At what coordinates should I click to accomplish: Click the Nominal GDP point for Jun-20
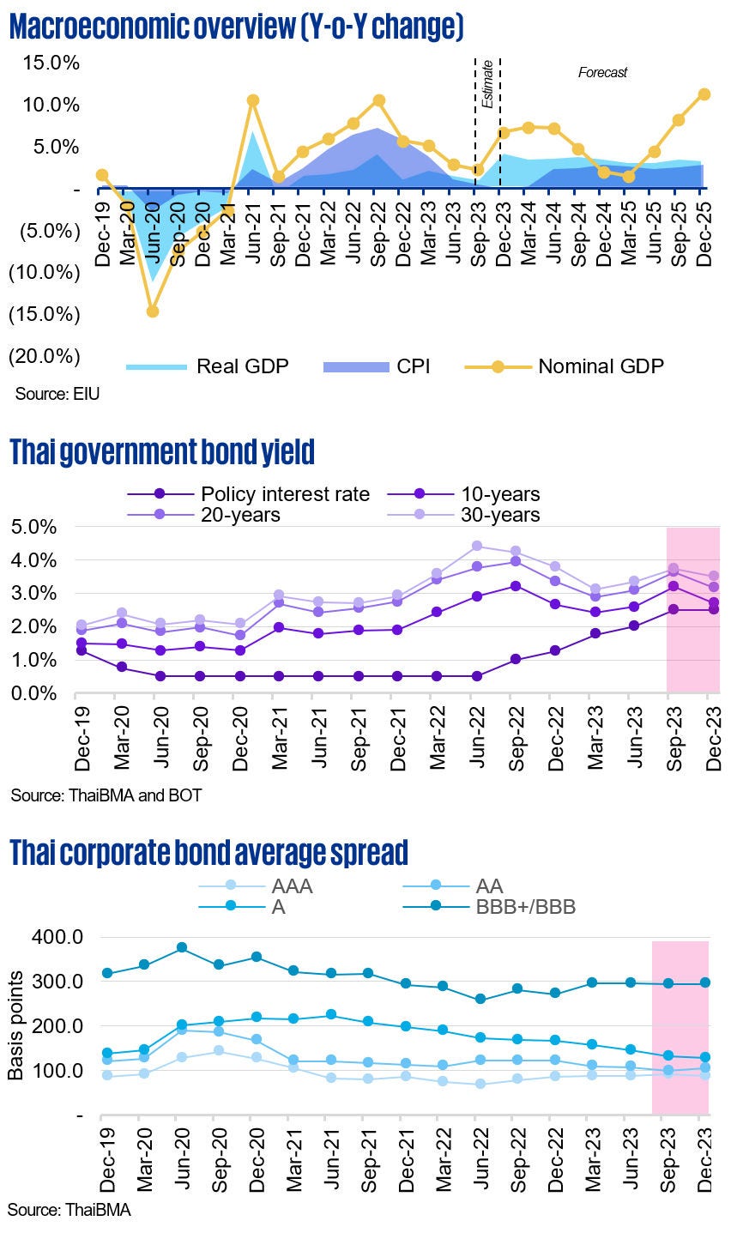pyautogui.click(x=152, y=311)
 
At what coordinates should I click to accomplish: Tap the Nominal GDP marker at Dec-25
pyautogui.click(x=704, y=94)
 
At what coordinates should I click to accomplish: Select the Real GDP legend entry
pyautogui.click(x=207, y=366)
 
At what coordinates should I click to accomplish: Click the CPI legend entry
pyautogui.click(x=377, y=366)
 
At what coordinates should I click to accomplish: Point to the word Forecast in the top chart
pyautogui.click(x=602, y=73)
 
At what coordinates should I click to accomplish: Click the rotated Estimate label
pyautogui.click(x=487, y=84)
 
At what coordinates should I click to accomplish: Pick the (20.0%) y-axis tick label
pyautogui.click(x=45, y=355)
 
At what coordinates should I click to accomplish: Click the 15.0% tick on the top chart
pyautogui.click(x=51, y=63)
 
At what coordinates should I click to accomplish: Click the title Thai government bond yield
pyautogui.click(x=161, y=450)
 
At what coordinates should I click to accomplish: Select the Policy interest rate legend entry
pyautogui.click(x=249, y=494)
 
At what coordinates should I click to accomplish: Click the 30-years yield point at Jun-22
pyautogui.click(x=477, y=546)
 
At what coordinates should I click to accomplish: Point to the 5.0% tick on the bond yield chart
pyautogui.click(x=34, y=527)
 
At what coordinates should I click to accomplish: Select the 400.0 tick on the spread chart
pyautogui.click(x=57, y=936)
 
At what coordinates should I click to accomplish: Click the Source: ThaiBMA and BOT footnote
pyautogui.click(x=106, y=795)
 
